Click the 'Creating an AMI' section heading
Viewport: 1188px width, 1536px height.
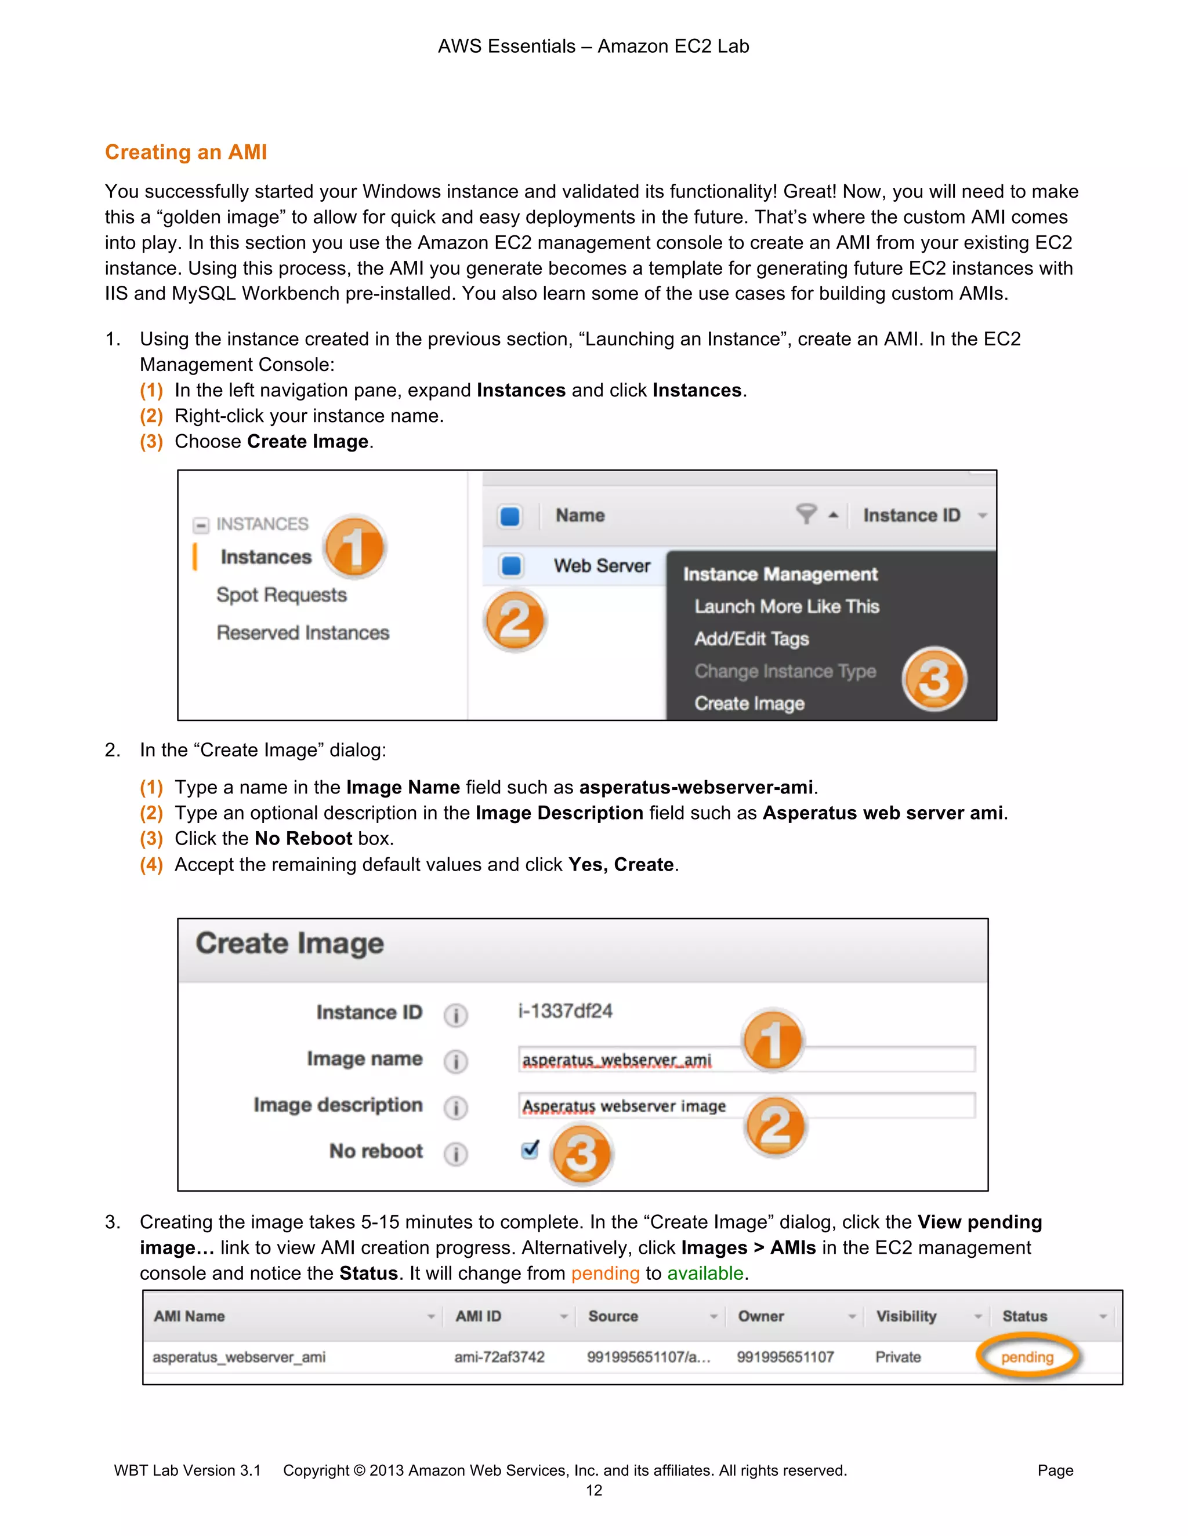(186, 152)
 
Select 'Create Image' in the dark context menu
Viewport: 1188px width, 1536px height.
(749, 703)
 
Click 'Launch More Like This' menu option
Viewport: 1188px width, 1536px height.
(786, 606)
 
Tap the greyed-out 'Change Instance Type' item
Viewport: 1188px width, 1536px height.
(785, 671)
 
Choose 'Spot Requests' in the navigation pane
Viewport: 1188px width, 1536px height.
(281, 595)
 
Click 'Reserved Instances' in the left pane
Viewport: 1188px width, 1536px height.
(303, 633)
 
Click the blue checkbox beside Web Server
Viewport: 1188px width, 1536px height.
(511, 566)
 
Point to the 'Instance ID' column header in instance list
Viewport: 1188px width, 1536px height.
(911, 515)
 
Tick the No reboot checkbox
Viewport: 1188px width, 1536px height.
(530, 1150)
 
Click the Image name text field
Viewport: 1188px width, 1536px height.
(746, 1059)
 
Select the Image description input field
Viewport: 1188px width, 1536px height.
(746, 1105)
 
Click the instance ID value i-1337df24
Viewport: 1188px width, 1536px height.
(565, 1011)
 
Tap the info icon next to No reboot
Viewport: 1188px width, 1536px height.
(455, 1154)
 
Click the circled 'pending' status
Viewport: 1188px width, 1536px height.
(1027, 1357)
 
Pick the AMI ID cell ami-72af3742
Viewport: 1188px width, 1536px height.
(499, 1357)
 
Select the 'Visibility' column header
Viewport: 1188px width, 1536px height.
(906, 1316)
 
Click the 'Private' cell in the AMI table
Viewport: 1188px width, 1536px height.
(897, 1357)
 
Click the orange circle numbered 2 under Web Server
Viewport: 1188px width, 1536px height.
(515, 620)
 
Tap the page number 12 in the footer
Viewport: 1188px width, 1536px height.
(593, 1490)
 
